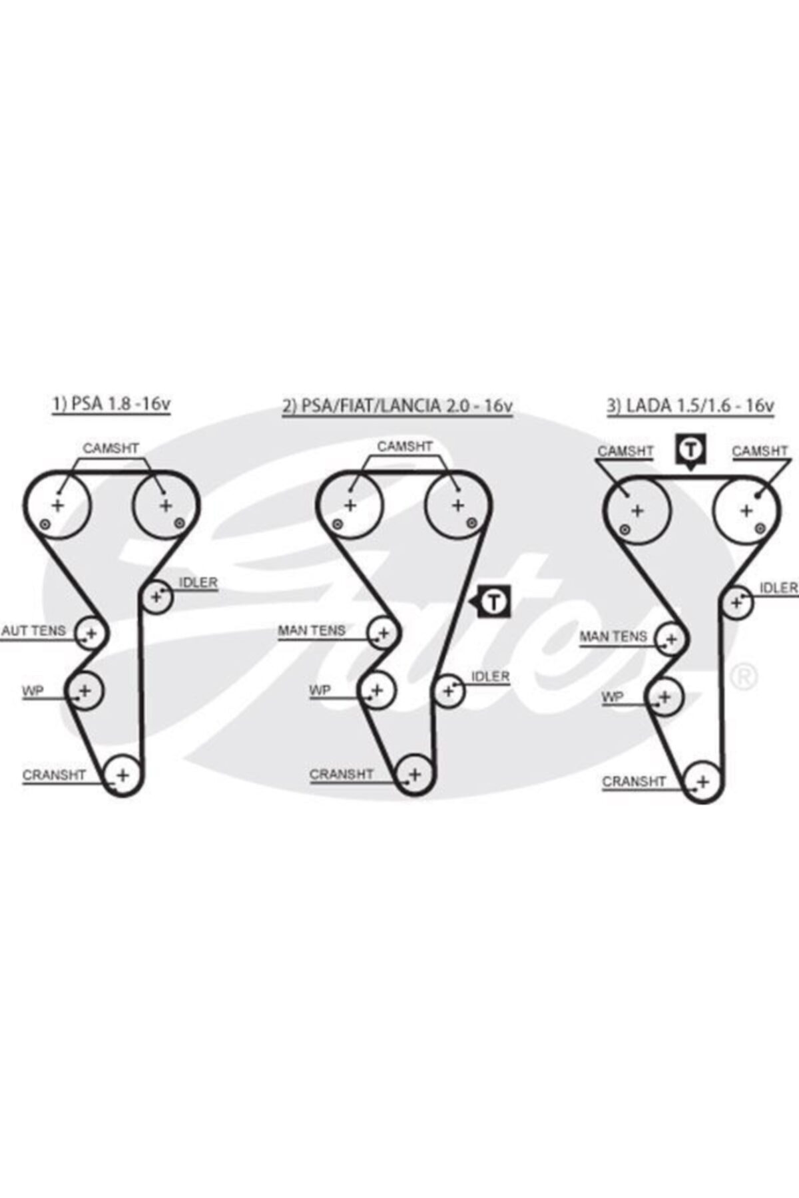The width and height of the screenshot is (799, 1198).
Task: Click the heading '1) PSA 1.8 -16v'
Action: click(x=111, y=404)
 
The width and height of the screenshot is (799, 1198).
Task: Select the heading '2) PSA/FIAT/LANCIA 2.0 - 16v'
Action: click(x=398, y=405)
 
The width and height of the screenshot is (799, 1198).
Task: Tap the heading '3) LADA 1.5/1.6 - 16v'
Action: click(x=690, y=405)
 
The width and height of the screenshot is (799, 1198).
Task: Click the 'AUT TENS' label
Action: click(x=34, y=630)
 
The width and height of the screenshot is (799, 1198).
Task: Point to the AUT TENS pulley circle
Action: click(x=91, y=633)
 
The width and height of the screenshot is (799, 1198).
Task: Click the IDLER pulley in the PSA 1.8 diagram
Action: click(x=157, y=596)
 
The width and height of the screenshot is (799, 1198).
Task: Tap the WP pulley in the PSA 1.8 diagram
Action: click(x=85, y=690)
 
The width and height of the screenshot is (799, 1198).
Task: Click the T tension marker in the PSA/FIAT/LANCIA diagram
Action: click(x=493, y=602)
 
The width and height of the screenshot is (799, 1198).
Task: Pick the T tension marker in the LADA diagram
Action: click(x=690, y=449)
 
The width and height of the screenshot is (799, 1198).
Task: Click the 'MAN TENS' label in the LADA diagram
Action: click(x=613, y=637)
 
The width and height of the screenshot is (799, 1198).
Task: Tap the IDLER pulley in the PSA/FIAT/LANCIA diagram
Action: click(x=449, y=691)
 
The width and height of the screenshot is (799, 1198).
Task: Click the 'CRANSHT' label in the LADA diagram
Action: click(x=633, y=781)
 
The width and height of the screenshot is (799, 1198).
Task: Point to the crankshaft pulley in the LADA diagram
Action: click(x=703, y=782)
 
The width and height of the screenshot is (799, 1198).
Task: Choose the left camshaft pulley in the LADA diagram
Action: click(x=637, y=511)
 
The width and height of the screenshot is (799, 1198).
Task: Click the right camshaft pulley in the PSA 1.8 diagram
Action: click(x=165, y=506)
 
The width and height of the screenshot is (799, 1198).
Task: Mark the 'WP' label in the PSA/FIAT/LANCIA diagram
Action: click(x=320, y=690)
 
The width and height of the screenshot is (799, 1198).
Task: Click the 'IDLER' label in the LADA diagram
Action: click(x=778, y=588)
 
